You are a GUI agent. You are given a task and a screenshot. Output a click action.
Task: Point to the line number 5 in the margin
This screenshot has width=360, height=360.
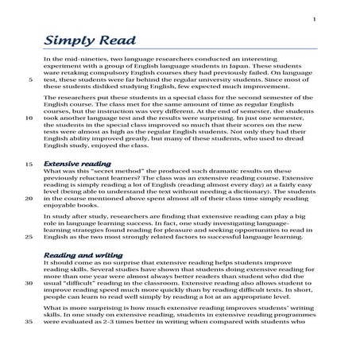click(30, 80)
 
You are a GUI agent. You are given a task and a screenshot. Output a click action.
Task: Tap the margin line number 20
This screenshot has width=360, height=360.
click(29, 202)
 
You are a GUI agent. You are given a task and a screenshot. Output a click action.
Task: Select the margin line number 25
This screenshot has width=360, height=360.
click(29, 236)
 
